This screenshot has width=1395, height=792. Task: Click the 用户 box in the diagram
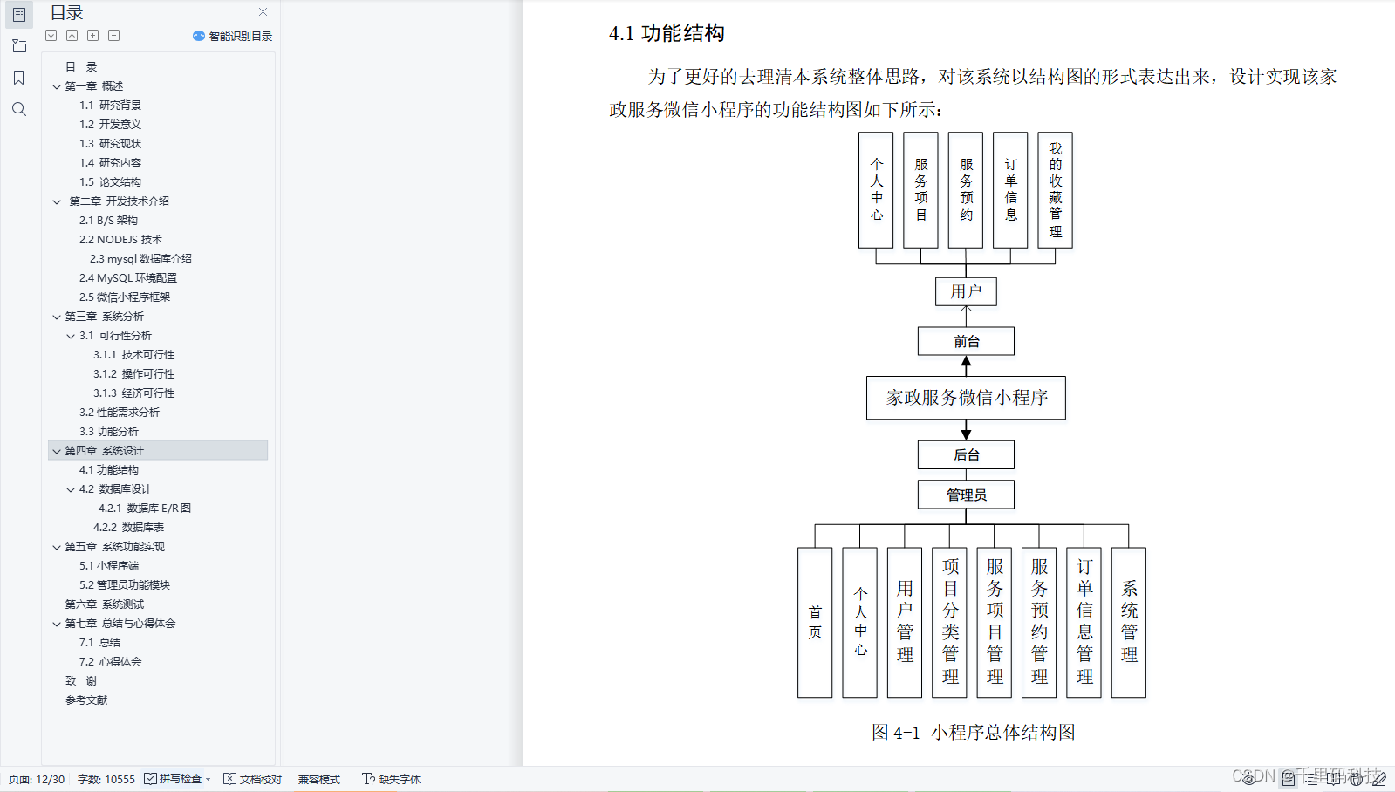tap(966, 291)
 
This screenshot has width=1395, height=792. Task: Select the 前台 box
tap(966, 341)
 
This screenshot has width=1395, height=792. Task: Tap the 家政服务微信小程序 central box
tap(966, 398)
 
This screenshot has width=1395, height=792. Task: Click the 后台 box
tap(966, 454)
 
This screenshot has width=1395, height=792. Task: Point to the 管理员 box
tap(966, 495)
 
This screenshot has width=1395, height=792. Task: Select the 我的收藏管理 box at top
tap(1055, 190)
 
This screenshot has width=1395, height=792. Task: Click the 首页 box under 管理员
tap(815, 622)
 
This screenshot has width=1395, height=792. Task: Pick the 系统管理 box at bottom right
tap(1129, 622)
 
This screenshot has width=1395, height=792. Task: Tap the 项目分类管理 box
tap(950, 622)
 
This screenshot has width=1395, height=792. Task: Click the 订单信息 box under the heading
tap(1010, 190)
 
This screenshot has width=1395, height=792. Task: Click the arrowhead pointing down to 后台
tap(966, 434)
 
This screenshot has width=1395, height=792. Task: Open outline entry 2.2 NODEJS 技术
tap(120, 239)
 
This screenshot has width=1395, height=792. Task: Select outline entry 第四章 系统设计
tap(104, 451)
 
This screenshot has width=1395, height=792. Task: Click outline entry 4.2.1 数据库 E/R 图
tap(144, 508)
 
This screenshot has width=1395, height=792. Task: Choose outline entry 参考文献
tap(86, 700)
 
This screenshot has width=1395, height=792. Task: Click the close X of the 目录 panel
tap(263, 12)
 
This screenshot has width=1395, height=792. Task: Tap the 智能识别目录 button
tap(233, 36)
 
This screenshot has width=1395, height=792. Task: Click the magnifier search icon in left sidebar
tap(19, 109)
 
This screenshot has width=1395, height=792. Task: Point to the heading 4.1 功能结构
tap(667, 33)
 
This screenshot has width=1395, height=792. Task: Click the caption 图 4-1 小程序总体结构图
tap(973, 732)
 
